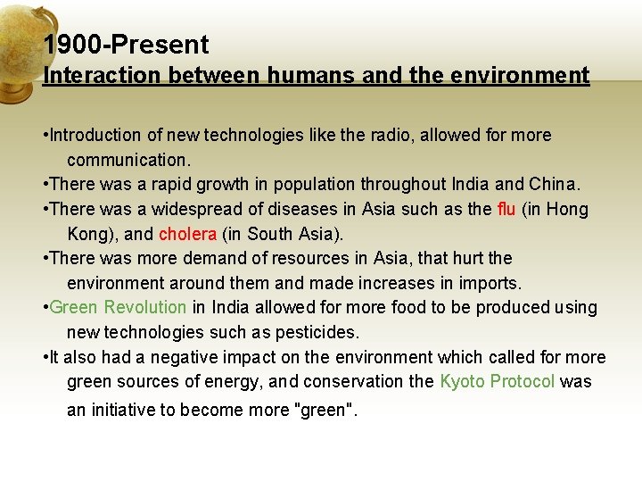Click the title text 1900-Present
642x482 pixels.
click(126, 45)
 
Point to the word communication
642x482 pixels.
click(128, 161)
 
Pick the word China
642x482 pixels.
click(554, 185)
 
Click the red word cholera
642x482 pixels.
click(187, 235)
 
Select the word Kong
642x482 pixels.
click(87, 235)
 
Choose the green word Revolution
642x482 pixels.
click(145, 308)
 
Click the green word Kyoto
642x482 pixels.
click(461, 382)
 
